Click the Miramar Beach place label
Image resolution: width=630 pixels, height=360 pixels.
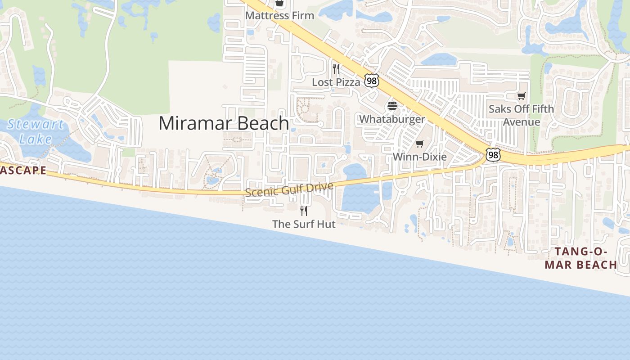[x=224, y=123]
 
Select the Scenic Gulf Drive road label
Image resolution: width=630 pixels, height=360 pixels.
[x=289, y=189]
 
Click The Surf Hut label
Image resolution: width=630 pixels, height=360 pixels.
[x=304, y=224]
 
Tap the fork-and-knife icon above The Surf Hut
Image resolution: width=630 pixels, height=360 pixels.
[x=304, y=211]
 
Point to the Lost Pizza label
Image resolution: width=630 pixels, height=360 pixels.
[x=336, y=82]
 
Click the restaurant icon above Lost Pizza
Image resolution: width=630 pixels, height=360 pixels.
[x=336, y=69]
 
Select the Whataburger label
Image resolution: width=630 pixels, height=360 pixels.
[x=392, y=119]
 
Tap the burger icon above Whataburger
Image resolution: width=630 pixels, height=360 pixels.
[x=392, y=106]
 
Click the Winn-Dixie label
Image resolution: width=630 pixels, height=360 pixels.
[x=419, y=157]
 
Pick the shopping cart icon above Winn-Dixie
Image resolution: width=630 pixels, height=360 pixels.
[x=419, y=144]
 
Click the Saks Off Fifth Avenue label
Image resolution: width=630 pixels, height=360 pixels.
[x=521, y=115]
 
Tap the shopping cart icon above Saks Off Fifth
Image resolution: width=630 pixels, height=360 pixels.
[x=521, y=96]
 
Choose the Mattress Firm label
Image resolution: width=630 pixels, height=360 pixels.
[x=279, y=16]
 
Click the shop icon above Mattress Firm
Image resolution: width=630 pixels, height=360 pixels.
[x=279, y=3]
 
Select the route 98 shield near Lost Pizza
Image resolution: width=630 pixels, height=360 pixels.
[x=372, y=81]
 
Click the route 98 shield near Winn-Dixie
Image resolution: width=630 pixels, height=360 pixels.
[x=493, y=155]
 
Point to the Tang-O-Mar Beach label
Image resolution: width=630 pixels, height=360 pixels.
[x=580, y=258]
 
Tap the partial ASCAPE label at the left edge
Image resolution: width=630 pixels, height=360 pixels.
[x=23, y=170]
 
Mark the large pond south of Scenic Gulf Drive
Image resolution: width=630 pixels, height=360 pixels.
[x=360, y=198]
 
